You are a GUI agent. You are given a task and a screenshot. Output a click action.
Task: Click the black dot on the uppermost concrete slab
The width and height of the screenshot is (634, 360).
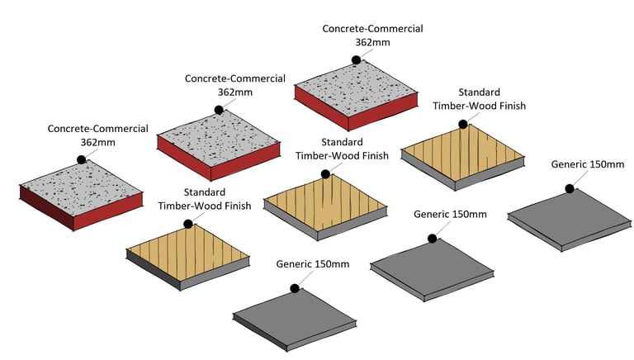(355, 59)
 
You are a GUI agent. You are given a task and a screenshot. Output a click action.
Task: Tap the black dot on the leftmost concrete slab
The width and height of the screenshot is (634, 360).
(82, 159)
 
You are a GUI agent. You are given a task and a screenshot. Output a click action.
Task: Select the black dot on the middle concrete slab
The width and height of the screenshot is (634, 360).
(219, 110)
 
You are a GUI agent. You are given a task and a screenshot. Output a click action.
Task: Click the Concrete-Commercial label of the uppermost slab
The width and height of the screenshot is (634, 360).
(372, 29)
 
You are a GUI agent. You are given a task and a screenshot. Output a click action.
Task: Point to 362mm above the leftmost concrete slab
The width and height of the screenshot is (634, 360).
(98, 143)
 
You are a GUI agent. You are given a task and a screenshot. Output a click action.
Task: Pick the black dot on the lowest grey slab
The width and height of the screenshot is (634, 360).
(293, 288)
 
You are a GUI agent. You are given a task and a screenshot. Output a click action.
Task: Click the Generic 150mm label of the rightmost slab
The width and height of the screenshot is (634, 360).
(587, 165)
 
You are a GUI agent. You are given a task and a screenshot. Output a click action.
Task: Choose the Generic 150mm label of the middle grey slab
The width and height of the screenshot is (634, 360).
(450, 215)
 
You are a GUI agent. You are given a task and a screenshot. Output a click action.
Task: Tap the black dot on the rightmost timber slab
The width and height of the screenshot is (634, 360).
(463, 125)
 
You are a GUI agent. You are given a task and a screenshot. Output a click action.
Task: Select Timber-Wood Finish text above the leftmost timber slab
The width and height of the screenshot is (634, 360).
(193, 207)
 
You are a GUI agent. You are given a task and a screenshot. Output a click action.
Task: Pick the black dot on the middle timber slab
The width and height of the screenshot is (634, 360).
(326, 174)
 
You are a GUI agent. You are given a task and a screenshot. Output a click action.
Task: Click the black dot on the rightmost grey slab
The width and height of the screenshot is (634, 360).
(570, 188)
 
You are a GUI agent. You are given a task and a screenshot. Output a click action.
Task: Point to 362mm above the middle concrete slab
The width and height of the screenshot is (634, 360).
(235, 93)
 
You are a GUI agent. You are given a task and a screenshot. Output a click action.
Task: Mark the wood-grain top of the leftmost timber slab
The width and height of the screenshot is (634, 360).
(188, 248)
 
